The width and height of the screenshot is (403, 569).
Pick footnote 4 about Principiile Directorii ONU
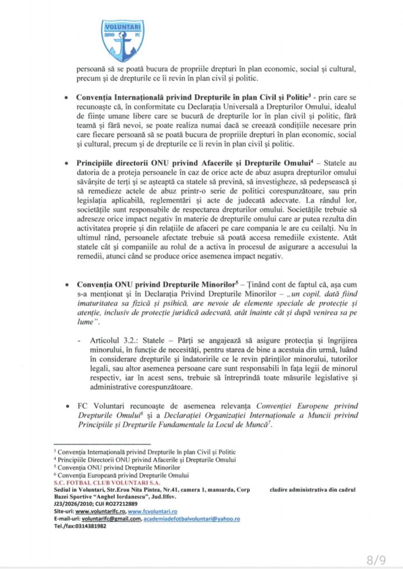pos(145,460)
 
